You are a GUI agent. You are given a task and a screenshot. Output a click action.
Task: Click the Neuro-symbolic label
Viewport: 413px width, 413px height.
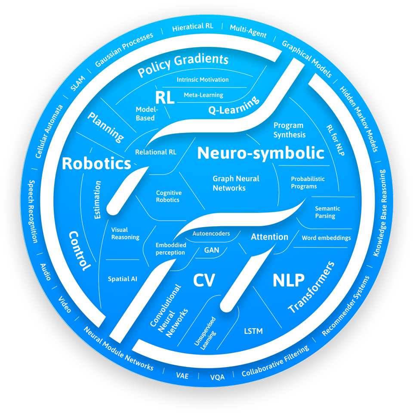(261, 154)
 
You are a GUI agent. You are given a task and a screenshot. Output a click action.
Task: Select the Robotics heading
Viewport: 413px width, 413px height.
(96, 163)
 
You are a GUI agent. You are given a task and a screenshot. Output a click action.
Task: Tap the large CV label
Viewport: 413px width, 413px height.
(203, 280)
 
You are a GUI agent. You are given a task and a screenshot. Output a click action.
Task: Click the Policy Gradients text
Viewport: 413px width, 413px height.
(182, 65)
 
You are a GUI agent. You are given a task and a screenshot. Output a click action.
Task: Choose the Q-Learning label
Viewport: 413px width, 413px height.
(234, 105)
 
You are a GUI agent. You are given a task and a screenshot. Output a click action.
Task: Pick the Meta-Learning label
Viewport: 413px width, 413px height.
(203, 95)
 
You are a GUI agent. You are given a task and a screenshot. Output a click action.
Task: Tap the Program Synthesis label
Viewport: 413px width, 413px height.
(289, 130)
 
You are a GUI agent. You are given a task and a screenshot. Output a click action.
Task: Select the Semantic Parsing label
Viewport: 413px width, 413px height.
(327, 212)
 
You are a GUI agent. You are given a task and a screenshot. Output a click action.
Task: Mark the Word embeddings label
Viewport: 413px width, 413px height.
(326, 237)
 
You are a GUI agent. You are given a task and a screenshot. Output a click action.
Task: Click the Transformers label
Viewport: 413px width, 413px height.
(311, 287)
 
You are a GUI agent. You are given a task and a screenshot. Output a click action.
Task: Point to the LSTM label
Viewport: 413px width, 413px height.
(253, 331)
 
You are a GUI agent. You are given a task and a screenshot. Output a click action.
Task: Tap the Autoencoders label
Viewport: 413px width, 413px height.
(211, 234)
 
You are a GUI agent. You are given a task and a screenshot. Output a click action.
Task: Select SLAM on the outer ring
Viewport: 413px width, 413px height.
(78, 82)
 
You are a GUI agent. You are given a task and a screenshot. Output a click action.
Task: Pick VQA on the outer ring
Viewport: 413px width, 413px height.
(217, 377)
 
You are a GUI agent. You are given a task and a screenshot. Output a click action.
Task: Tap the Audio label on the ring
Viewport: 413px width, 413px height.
(46, 272)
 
